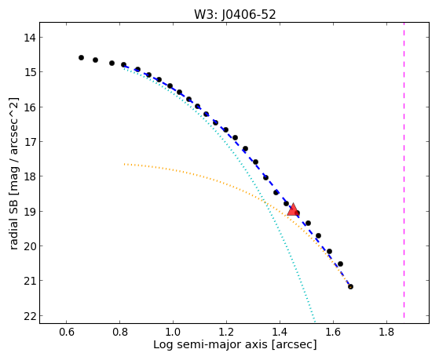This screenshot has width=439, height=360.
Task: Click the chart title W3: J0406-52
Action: click(x=235, y=14)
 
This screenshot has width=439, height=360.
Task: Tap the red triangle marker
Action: click(x=293, y=209)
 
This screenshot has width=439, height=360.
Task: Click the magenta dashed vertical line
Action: click(x=404, y=170)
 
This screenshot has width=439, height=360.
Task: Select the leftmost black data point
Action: click(x=81, y=57)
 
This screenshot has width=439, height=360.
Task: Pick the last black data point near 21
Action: click(x=350, y=286)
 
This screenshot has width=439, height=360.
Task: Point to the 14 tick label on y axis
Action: click(x=30, y=38)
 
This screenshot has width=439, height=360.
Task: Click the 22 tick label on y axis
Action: click(x=30, y=316)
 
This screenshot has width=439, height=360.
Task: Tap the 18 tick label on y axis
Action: click(x=30, y=176)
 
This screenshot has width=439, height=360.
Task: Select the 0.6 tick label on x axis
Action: click(x=66, y=332)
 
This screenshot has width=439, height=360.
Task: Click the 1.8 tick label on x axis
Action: click(x=386, y=332)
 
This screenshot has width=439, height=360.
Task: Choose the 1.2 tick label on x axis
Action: click(x=226, y=332)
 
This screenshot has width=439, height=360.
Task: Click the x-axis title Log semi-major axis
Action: click(x=210, y=344)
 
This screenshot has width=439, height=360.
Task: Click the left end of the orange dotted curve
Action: click(x=124, y=164)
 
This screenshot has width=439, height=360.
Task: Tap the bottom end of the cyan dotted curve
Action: click(x=315, y=321)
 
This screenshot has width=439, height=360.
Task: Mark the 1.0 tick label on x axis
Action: click(x=173, y=332)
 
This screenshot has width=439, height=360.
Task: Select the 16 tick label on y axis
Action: click(x=30, y=107)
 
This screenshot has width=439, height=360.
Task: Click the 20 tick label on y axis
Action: click(x=30, y=246)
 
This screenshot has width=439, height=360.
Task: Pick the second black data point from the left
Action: click(x=95, y=60)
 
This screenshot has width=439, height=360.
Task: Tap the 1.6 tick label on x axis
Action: click(x=333, y=332)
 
